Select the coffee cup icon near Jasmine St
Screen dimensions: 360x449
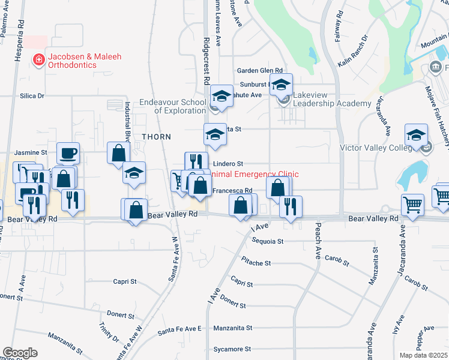coord(68,153)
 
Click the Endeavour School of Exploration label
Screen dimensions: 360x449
coord(173,106)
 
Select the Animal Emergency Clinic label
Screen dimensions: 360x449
coord(255,174)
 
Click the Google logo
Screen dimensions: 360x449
coord(20,352)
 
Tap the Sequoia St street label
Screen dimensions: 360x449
coord(268,241)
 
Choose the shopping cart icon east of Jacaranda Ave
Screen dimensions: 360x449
coord(413,205)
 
